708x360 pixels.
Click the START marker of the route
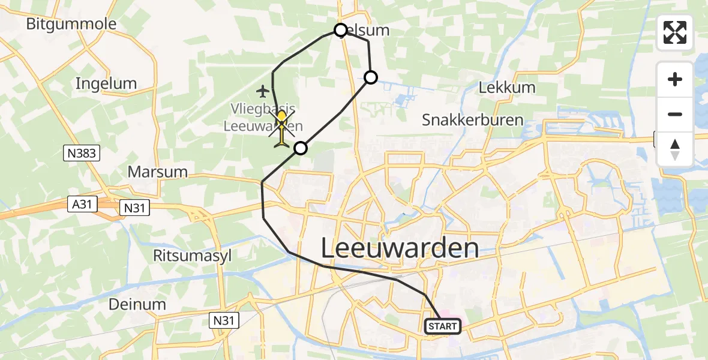point(443,326)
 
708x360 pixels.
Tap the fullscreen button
point(675,32)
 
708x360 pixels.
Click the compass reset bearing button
point(675,149)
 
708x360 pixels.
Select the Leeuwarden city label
point(400,247)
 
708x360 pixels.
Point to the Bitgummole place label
point(71,25)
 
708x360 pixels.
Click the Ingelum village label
point(106,83)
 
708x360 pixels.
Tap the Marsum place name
point(158,172)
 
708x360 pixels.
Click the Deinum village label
point(137,304)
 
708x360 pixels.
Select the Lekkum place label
point(507,88)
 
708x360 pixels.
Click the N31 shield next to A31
point(134,208)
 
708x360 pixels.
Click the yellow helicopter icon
point(282,125)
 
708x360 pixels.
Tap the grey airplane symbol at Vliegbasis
point(262,91)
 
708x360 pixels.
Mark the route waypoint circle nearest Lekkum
point(371,77)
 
